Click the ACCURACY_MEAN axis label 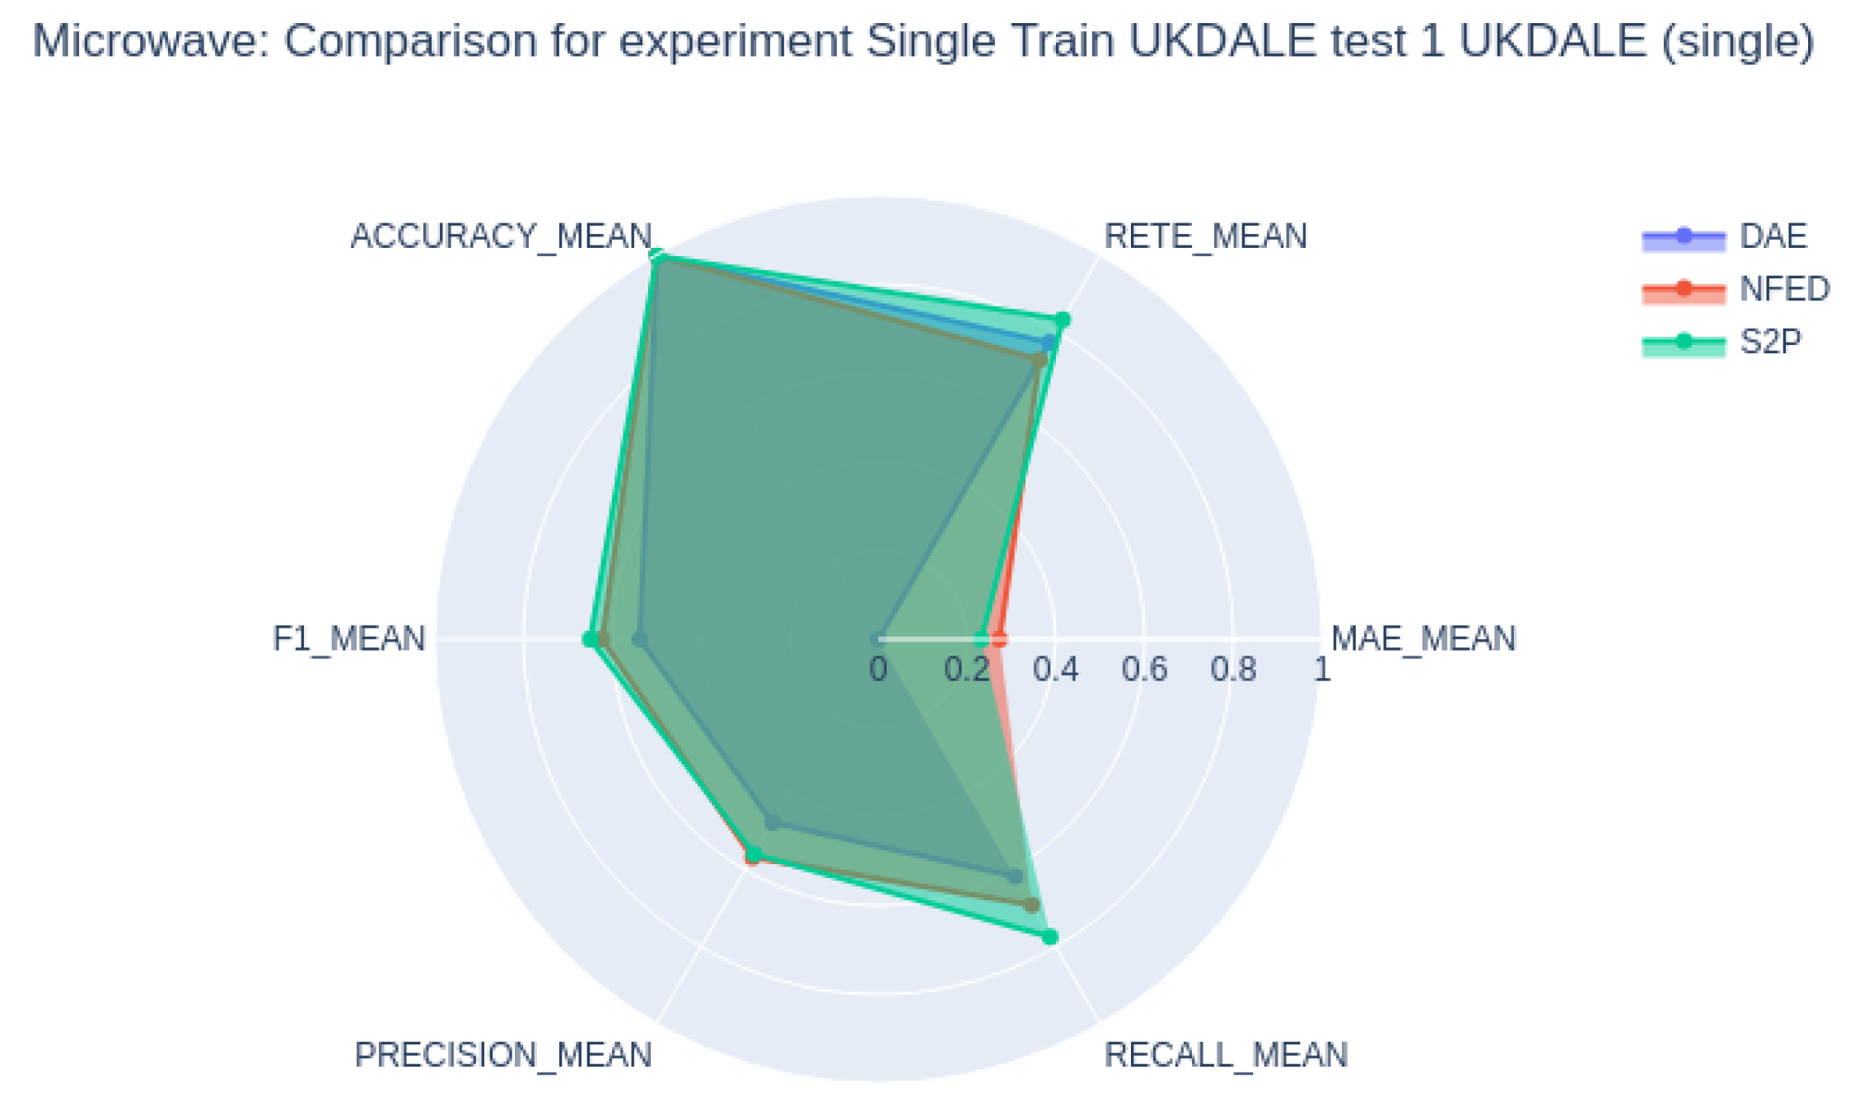point(501,236)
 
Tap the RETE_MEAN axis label point(1204,236)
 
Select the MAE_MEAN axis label point(1423,639)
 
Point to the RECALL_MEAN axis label point(1225,1055)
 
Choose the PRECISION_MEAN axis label point(502,1055)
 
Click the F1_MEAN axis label point(348,639)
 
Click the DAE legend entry point(1773,236)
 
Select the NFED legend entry point(1784,289)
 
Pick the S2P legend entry point(1770,342)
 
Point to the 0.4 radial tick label point(1055,670)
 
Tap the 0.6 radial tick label point(1144,670)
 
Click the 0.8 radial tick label point(1233,670)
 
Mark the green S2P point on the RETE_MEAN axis point(1063,320)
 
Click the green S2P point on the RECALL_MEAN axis point(1049,937)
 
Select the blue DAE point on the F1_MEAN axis point(639,639)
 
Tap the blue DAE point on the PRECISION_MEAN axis point(772,822)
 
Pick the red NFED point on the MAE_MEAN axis point(999,639)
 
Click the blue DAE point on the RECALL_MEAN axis point(1016,876)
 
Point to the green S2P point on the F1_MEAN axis point(590,639)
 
